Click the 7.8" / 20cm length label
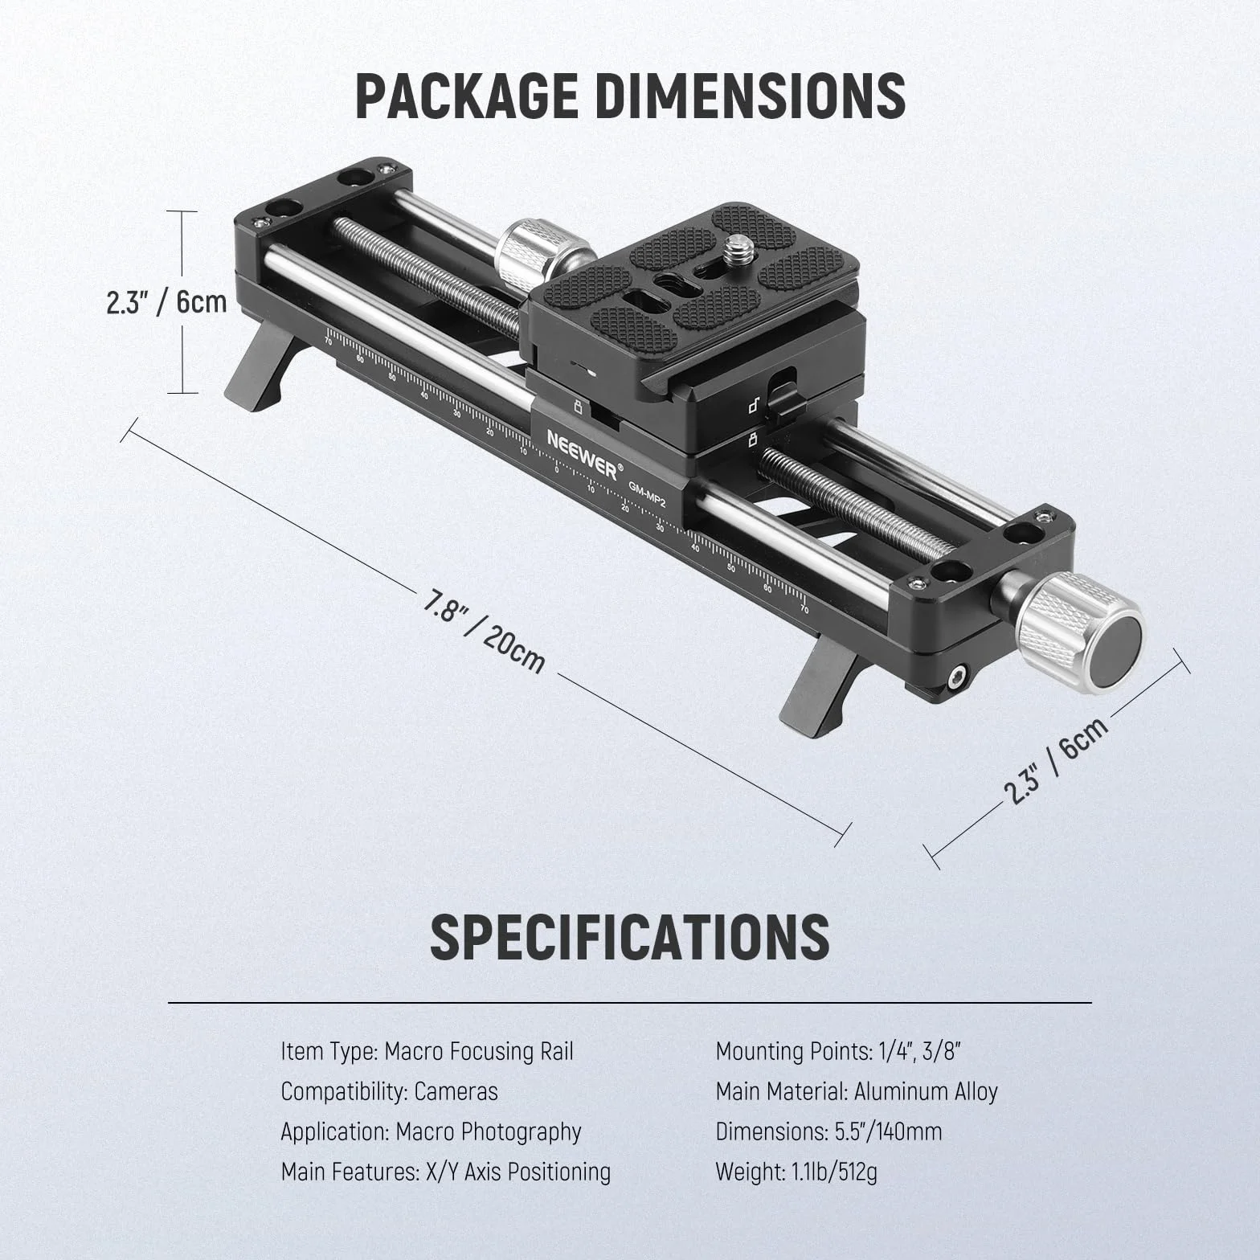point(485,632)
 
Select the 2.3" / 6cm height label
point(166,302)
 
